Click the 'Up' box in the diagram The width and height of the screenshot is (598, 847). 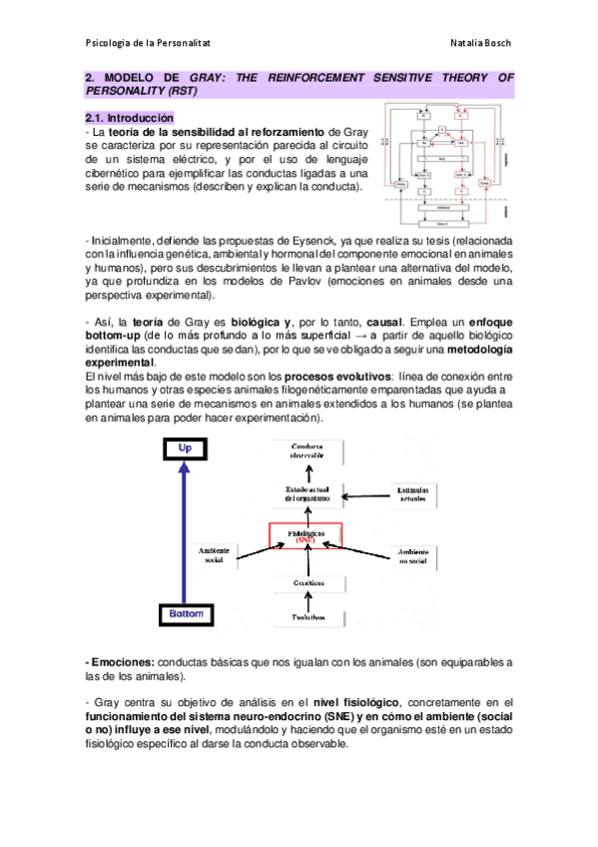pyautogui.click(x=184, y=449)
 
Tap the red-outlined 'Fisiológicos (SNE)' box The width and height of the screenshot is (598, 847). pyautogui.click(x=306, y=535)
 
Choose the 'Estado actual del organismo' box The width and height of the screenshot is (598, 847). pyautogui.click(x=306, y=493)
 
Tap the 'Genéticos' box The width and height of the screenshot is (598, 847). pyautogui.click(x=306, y=581)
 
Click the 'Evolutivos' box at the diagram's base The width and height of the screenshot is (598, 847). pyautogui.click(x=306, y=616)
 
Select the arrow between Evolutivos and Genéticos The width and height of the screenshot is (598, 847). pyautogui.click(x=306, y=599)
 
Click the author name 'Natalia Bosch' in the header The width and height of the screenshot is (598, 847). pyautogui.click(x=481, y=43)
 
